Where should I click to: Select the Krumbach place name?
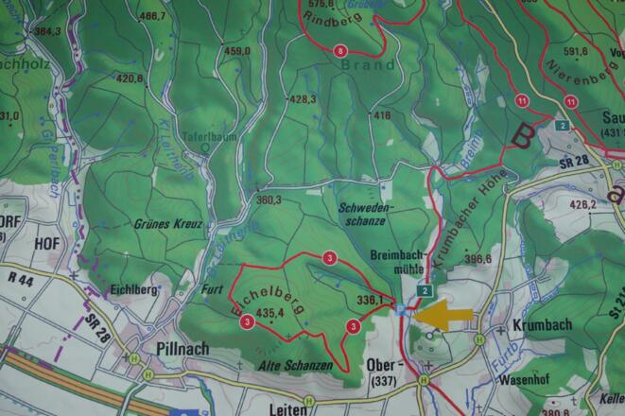[x=541, y=324]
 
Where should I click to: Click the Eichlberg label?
[x=130, y=289]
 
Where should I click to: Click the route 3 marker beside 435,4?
[x=247, y=321]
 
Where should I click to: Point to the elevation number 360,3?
[x=269, y=199]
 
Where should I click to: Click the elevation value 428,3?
[x=302, y=98]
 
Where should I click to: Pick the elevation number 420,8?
[x=130, y=79]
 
